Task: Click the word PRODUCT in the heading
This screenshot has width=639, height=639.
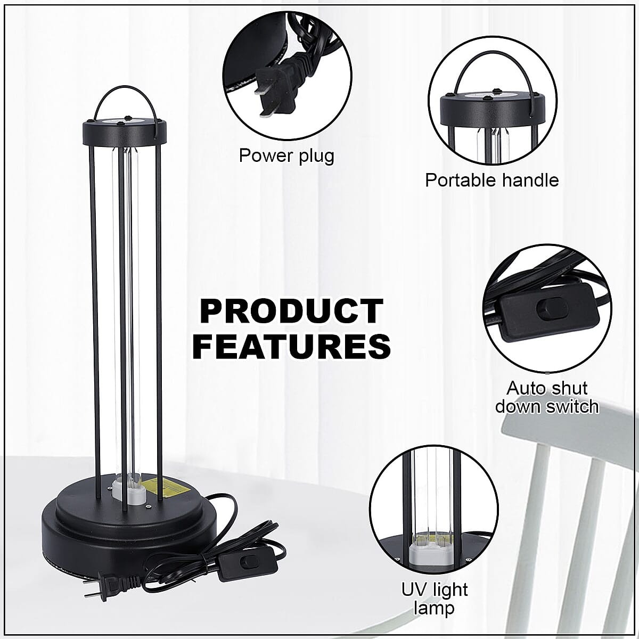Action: coord(291,312)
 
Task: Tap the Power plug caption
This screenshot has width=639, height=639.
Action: coord(286,155)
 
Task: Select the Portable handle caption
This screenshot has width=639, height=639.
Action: coord(491,180)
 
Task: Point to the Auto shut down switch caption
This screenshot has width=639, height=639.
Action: coord(547,397)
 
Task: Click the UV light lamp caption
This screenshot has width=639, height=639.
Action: coord(434,598)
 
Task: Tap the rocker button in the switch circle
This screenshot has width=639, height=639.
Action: coord(546,309)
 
